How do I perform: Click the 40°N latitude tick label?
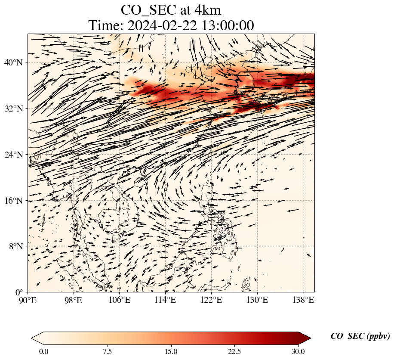pos(13,62)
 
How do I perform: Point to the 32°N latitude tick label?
pos(13,109)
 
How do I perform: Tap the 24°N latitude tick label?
pos(13,155)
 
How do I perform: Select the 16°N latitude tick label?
pos(13,201)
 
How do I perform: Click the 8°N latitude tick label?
pos(15,246)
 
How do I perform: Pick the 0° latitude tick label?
pos(19,292)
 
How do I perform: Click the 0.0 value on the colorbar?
pos(43,351)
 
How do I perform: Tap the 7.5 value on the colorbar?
pos(107,351)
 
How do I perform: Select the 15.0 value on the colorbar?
pos(171,351)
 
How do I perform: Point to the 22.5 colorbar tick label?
pos(234,351)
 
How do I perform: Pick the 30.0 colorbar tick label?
pos(298,351)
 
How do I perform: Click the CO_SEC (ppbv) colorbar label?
pos(360,337)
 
